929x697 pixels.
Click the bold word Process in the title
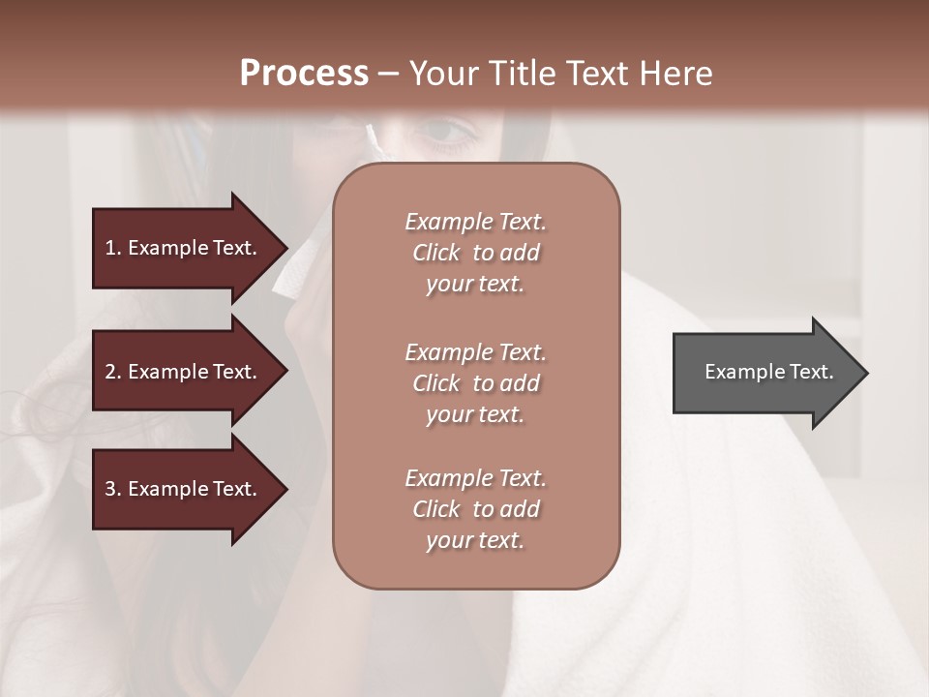point(304,74)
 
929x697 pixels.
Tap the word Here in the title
point(675,74)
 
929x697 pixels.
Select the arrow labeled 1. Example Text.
point(184,248)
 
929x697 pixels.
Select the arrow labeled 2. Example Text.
point(184,372)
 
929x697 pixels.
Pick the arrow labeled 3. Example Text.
point(184,489)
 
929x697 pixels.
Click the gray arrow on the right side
point(764,373)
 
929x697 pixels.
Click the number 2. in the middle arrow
point(113,372)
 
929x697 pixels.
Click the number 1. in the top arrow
point(113,248)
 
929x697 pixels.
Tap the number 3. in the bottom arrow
point(113,489)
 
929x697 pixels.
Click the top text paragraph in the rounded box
point(475,253)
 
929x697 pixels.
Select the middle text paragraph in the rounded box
point(475,383)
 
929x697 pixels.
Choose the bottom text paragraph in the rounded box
point(475,509)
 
